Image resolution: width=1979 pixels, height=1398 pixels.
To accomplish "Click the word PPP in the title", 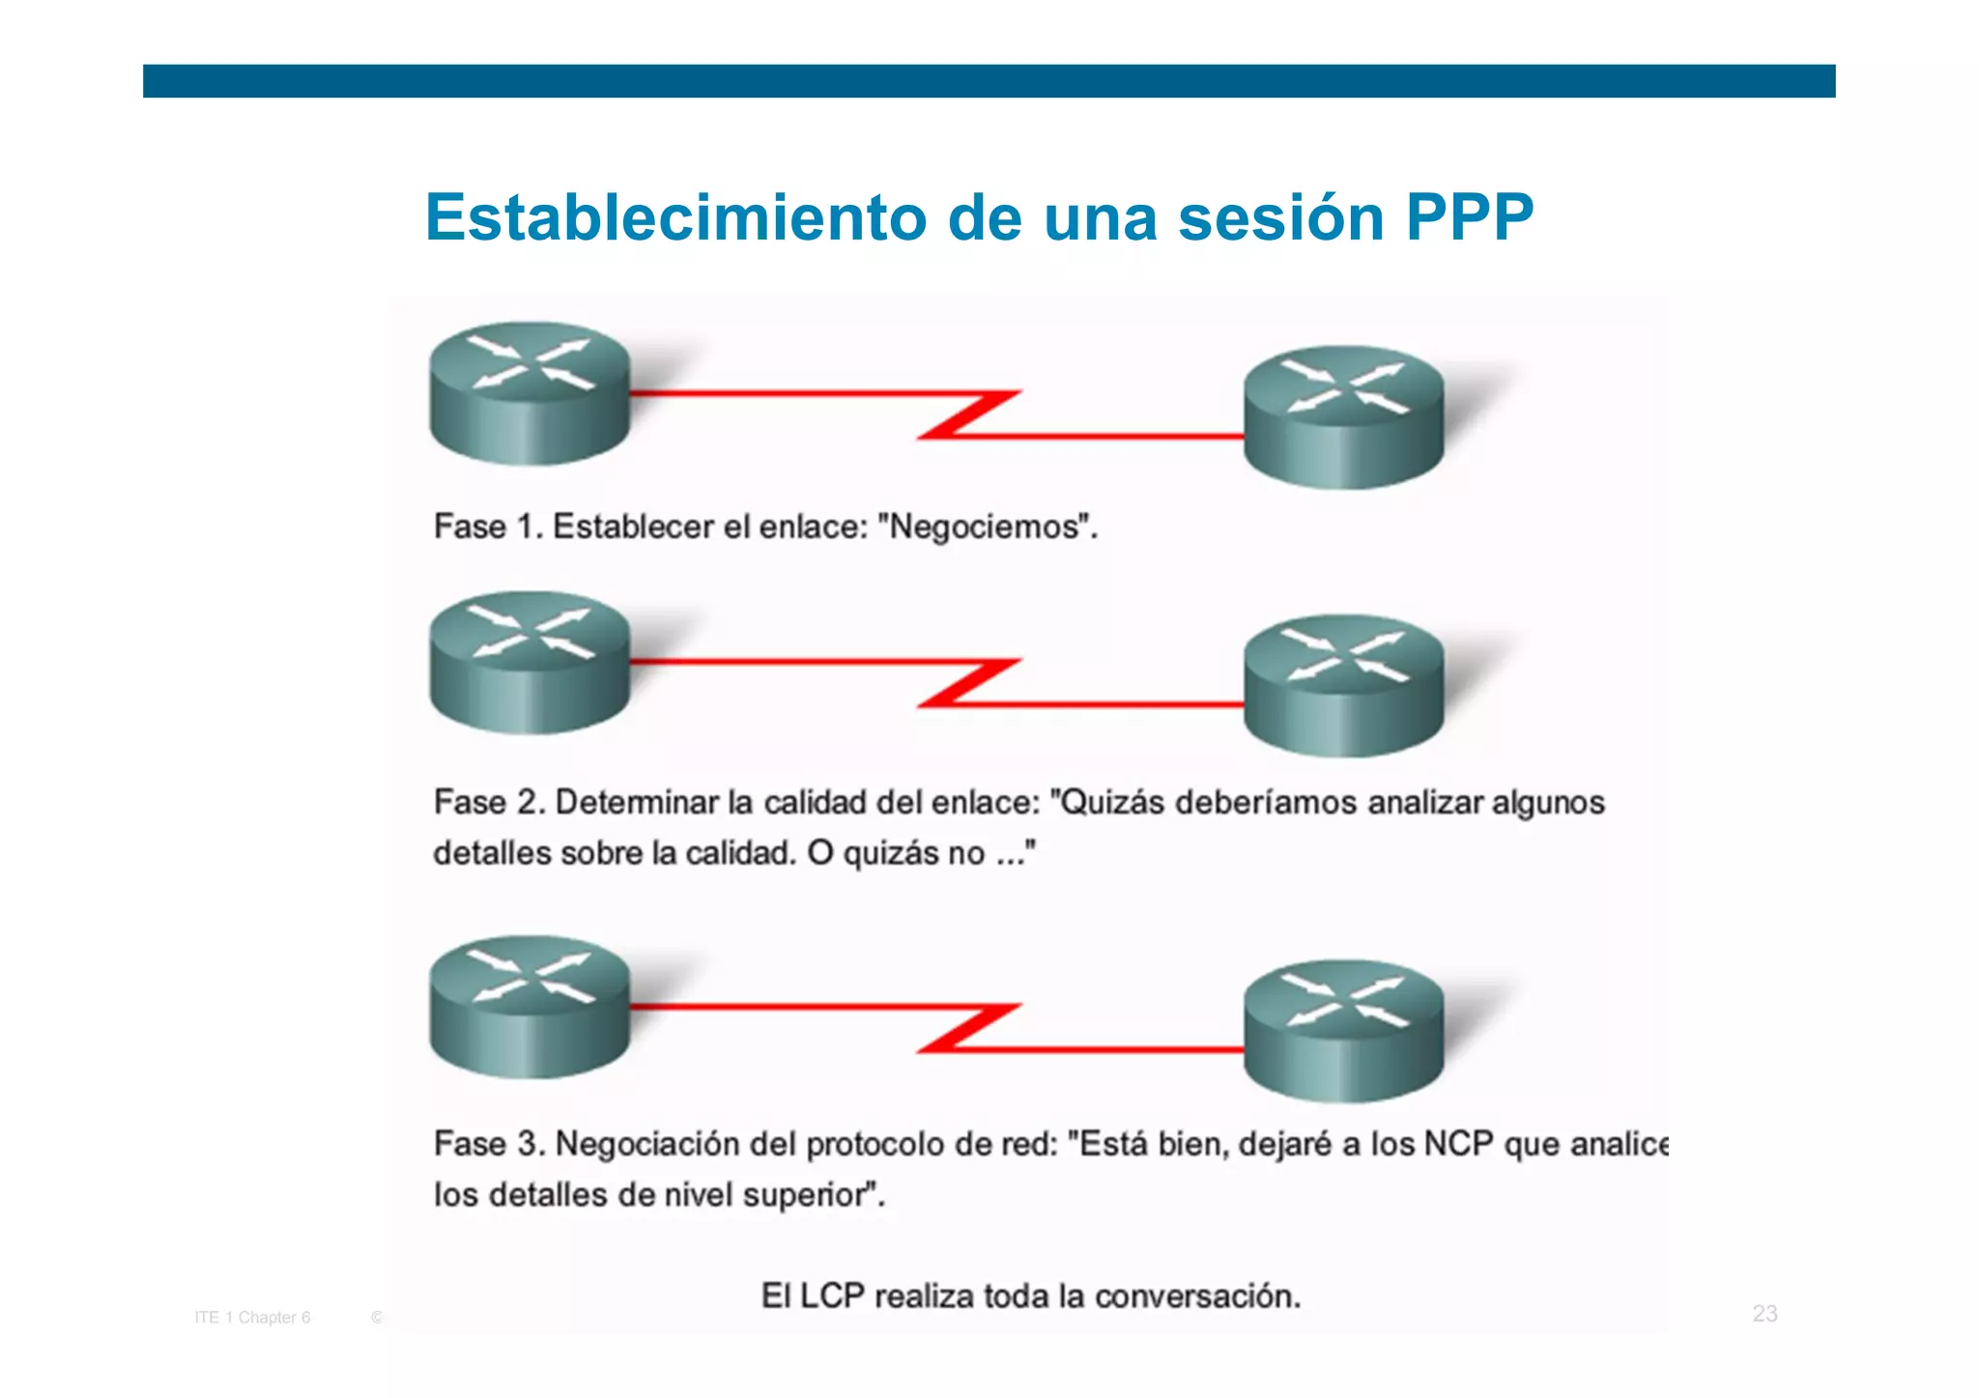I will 1470,217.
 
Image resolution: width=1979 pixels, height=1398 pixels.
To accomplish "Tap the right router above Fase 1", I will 1343,416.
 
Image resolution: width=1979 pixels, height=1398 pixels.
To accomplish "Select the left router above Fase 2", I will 530,662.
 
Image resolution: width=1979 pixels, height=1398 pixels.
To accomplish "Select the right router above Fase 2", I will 1343,685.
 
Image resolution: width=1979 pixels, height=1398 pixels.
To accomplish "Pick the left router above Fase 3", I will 530,1006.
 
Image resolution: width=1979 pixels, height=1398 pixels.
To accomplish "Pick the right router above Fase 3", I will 1343,1030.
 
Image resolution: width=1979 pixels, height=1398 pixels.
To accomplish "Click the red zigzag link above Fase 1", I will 966,414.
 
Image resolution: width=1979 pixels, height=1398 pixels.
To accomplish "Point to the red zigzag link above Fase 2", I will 966,683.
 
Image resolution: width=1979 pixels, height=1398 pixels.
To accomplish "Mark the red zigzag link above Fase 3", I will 966,1028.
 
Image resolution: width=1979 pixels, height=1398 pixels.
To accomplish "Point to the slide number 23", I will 1764,1314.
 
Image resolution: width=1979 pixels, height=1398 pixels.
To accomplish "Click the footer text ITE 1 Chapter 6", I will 252,1318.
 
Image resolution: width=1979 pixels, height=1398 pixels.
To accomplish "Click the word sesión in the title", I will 1282,217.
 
